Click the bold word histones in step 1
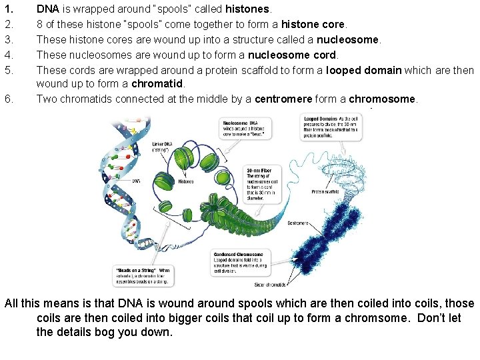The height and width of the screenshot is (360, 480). click(x=248, y=10)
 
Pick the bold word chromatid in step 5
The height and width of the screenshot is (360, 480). click(x=158, y=84)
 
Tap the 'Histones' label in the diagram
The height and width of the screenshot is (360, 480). click(x=186, y=181)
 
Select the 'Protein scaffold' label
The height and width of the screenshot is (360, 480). click(x=325, y=192)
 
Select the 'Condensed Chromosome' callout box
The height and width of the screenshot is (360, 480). click(x=240, y=263)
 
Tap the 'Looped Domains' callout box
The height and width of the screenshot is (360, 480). click(x=331, y=127)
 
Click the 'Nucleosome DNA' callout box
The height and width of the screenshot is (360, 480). click(x=244, y=127)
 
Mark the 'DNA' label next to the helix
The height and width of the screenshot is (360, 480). click(x=135, y=181)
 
